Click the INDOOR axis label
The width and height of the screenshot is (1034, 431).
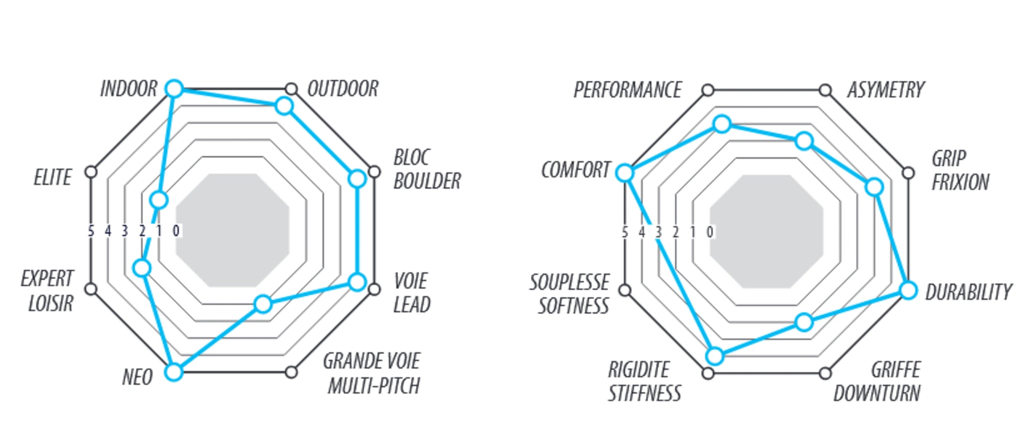click(129, 89)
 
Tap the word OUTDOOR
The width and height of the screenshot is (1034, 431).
click(343, 89)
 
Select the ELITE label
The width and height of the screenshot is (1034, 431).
click(52, 177)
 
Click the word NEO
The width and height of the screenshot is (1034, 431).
click(137, 377)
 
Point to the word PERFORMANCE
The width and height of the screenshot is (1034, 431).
click(627, 90)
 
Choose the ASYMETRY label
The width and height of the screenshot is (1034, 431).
click(886, 90)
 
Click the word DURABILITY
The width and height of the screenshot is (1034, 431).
click(968, 292)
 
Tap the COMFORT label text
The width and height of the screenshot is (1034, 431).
click(575, 170)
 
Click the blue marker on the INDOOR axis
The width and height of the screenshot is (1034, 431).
click(174, 89)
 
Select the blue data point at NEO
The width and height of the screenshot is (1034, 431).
click(173, 372)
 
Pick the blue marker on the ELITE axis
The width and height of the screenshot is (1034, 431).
click(159, 200)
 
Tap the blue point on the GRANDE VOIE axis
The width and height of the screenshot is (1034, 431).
click(263, 304)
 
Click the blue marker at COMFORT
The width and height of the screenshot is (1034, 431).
click(625, 173)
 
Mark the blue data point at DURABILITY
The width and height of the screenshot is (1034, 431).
click(909, 290)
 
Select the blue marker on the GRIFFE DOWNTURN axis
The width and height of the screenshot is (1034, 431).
click(804, 322)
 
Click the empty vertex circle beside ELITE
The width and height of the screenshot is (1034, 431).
click(91, 171)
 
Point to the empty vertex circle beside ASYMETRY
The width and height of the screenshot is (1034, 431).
click(825, 90)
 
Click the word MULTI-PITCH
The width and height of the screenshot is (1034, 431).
click(374, 386)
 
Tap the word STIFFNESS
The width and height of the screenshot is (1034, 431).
click(644, 394)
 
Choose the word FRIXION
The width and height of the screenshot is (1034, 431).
click(960, 183)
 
